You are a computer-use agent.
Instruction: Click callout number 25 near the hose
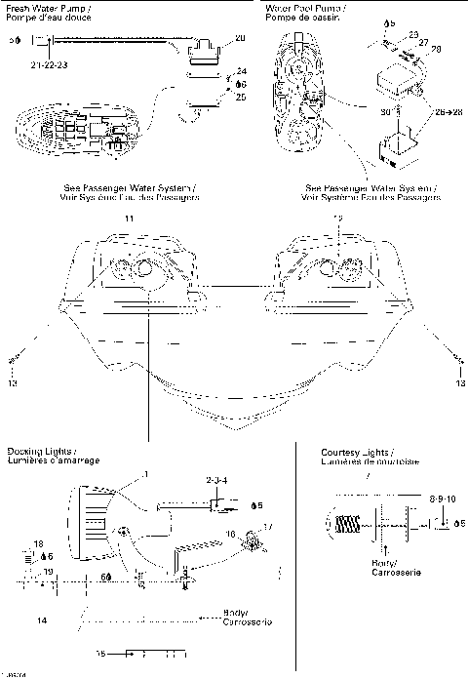(x=242, y=97)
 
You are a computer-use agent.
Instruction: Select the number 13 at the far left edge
(x=13, y=384)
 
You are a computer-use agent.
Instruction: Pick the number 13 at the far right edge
(x=459, y=384)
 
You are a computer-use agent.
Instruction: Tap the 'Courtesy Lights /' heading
(x=355, y=454)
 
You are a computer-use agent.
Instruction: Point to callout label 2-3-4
(x=215, y=481)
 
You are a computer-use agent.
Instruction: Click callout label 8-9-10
(x=442, y=499)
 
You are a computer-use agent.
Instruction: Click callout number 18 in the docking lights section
(x=38, y=542)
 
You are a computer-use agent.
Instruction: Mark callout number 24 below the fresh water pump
(x=242, y=72)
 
